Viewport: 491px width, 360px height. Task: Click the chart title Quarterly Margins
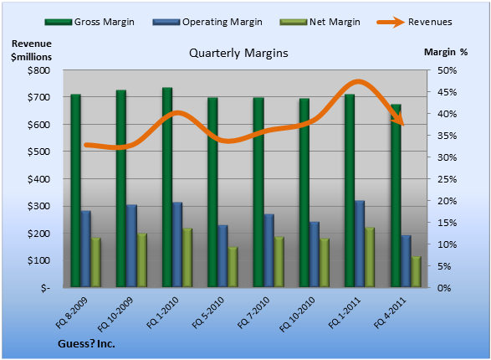coord(238,54)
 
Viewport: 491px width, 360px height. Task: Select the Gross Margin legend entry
coord(90,22)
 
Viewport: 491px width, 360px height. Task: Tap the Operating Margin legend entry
coord(207,22)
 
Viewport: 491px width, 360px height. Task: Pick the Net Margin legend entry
coord(320,22)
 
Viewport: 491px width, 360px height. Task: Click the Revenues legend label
coord(430,22)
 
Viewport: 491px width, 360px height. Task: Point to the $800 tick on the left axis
coord(38,70)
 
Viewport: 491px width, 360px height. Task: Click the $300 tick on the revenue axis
coord(38,206)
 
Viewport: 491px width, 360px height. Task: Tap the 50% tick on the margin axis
coord(447,70)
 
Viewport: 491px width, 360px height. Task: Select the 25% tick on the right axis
coord(447,179)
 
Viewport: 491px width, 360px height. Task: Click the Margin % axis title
coord(446,52)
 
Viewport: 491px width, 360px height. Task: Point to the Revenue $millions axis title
coord(31,50)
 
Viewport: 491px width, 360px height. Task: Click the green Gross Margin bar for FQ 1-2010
coord(167,187)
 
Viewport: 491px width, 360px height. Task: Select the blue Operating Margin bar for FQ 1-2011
coord(360,244)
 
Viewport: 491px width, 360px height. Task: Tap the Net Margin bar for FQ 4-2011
coord(417,271)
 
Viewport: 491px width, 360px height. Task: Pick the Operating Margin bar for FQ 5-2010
coord(222,256)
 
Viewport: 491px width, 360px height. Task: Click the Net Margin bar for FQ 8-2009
coord(96,262)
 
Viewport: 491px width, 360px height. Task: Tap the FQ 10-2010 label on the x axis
coord(297,314)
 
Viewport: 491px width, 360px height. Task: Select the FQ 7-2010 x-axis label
coord(253,312)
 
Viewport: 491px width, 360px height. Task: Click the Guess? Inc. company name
coord(86,344)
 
